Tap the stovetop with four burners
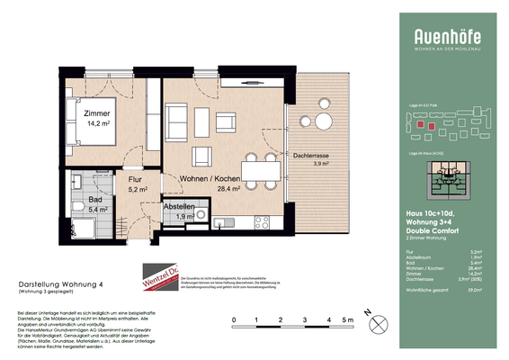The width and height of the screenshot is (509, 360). (x=263, y=220)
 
